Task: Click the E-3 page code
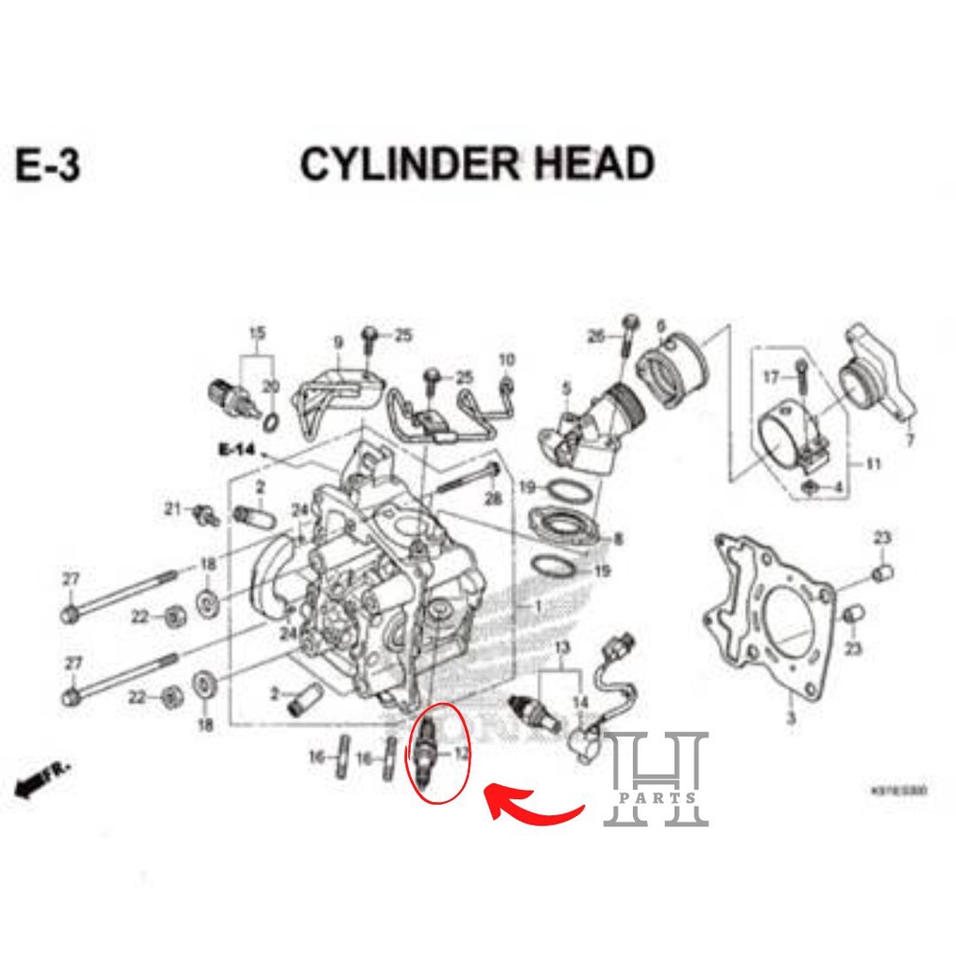coord(48,165)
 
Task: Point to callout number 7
coord(910,441)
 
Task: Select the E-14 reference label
coord(236,450)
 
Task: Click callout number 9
coord(338,344)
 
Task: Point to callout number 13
coord(561,648)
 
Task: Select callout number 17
coord(770,377)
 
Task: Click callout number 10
coord(506,359)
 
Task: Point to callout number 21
coord(172,509)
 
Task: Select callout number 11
coord(873,463)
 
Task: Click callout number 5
coord(566,387)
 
